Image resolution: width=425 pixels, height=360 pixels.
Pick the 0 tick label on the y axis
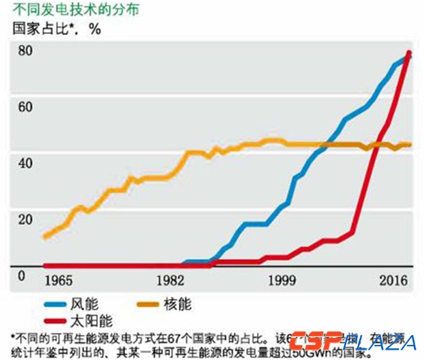[21, 276]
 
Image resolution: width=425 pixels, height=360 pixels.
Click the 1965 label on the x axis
[59, 281]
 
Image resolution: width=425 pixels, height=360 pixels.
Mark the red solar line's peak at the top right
[409, 53]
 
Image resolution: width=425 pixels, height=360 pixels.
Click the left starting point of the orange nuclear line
[45, 237]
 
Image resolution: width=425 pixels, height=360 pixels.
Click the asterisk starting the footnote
[13, 336]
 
